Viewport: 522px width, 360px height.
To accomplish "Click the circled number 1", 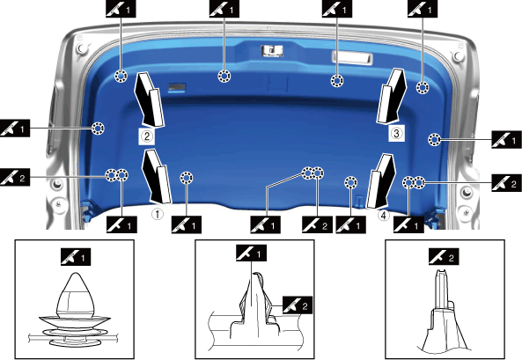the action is point(158,214).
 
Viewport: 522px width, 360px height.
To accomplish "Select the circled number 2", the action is point(147,136).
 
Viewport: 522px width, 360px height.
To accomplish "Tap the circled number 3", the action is point(396,133).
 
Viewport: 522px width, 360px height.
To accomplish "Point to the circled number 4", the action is point(384,216).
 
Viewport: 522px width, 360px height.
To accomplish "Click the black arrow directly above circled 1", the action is point(156,177).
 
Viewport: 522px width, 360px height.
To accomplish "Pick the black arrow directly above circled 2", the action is point(149,99).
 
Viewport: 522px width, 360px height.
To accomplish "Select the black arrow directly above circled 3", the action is point(392,97).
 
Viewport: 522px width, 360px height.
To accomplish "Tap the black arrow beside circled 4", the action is point(381,181).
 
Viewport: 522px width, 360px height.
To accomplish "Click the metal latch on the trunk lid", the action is point(272,51).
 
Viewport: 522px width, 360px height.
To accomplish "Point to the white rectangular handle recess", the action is point(352,57).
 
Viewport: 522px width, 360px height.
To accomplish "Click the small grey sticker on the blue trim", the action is point(177,88).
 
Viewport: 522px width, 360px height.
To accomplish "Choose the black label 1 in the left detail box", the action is point(76,257).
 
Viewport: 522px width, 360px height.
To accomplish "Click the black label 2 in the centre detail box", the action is point(298,305).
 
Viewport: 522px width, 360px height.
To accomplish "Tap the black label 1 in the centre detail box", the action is point(252,253).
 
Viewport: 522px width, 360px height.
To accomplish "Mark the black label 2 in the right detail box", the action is point(444,257).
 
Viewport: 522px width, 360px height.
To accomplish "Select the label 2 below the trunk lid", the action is point(317,224).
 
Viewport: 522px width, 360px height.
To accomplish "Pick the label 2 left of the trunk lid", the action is point(15,177).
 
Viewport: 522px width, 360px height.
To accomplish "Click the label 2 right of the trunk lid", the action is point(506,183).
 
